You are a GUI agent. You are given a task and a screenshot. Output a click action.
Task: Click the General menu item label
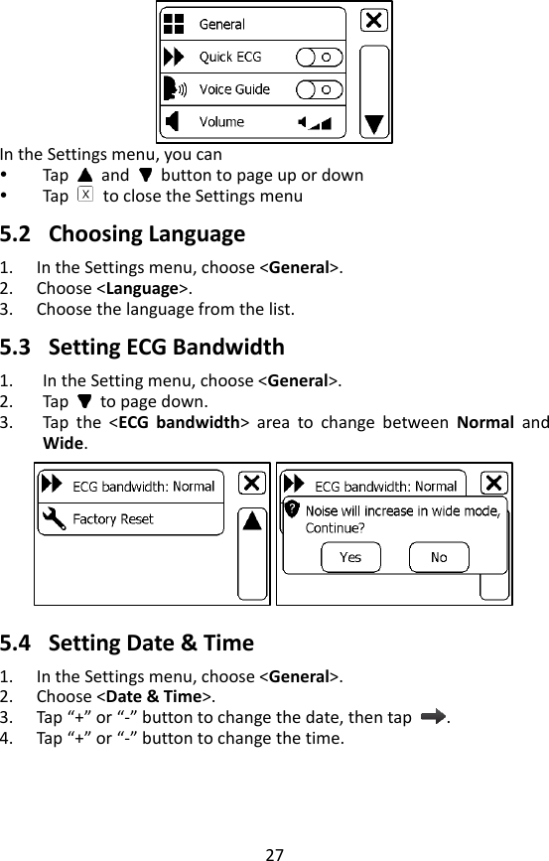(x=222, y=24)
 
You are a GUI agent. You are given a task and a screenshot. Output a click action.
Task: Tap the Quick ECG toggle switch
(x=320, y=57)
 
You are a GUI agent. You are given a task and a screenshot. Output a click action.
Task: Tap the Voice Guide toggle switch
(x=320, y=89)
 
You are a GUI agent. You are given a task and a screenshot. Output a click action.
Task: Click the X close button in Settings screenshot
(x=373, y=21)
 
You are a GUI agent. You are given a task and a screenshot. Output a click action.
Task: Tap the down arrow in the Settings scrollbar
(x=373, y=124)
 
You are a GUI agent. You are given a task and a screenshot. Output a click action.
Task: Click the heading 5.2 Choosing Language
(x=122, y=235)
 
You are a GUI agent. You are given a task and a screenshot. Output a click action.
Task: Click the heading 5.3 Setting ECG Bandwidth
(x=142, y=348)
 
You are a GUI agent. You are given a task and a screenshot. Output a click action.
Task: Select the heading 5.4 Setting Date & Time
(x=127, y=643)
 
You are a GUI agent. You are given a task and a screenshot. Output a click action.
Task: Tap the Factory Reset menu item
(x=113, y=518)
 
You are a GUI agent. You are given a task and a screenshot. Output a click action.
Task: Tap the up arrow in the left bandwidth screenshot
(x=253, y=520)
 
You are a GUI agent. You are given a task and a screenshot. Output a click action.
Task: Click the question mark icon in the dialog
(x=292, y=508)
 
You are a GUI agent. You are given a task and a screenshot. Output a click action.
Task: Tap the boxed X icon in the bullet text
(x=85, y=195)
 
